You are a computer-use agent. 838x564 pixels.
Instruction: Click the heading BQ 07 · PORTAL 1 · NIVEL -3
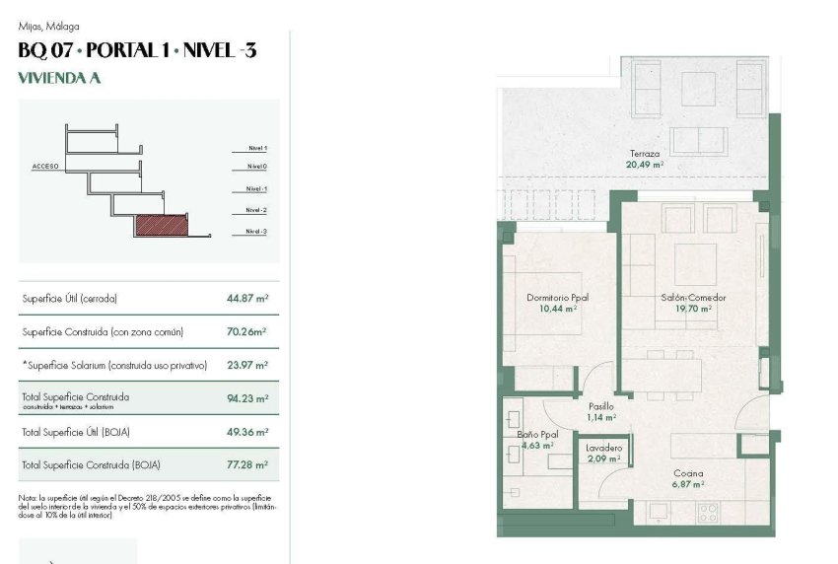pos(137,50)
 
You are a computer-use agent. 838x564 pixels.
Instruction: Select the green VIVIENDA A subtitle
pos(59,78)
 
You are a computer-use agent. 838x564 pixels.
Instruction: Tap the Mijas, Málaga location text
pos(48,27)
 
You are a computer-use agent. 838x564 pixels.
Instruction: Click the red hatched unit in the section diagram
pos(160,226)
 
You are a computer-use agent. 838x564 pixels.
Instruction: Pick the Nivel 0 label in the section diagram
pos(257,167)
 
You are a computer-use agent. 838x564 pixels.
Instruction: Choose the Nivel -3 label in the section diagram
pos(257,232)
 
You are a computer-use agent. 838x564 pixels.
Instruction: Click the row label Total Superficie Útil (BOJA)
pos(76,432)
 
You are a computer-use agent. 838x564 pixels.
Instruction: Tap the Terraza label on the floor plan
pos(645,154)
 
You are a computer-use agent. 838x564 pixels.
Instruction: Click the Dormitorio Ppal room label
pos(557,297)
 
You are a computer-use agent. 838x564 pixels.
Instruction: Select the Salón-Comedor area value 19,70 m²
pos(693,308)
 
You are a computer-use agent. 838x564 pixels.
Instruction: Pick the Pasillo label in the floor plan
pos(601,405)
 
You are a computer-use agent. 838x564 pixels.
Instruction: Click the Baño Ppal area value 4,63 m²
pos(537,445)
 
